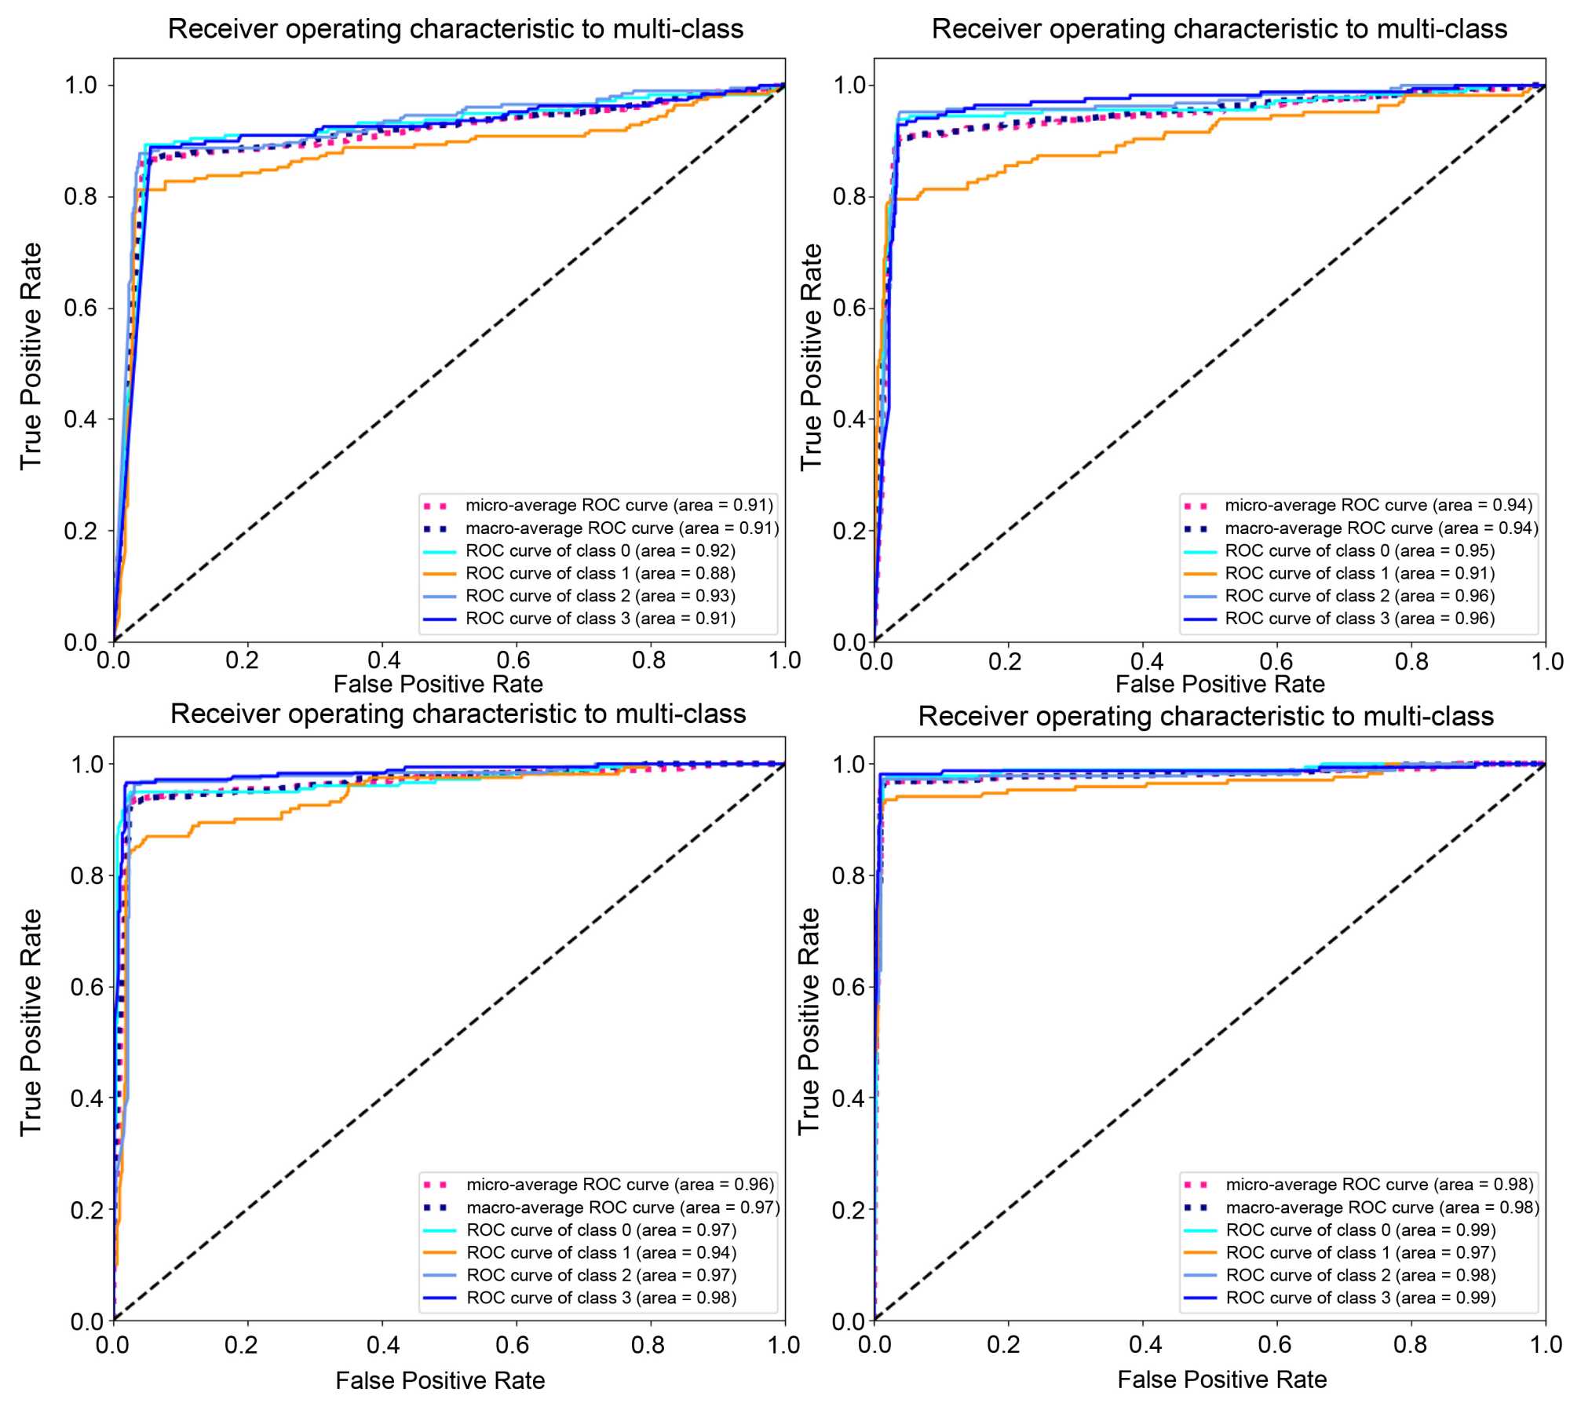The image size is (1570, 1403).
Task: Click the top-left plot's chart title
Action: click(x=455, y=29)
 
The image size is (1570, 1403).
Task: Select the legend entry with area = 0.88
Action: click(x=600, y=573)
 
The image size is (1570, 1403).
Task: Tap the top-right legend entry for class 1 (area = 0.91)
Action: click(x=1359, y=573)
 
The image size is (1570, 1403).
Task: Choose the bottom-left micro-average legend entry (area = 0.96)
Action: click(x=619, y=1184)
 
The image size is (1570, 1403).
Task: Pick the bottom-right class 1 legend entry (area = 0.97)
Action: click(x=1360, y=1252)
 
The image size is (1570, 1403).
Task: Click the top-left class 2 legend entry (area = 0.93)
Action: click(x=600, y=596)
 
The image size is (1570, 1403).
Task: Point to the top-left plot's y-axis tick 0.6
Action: click(x=81, y=308)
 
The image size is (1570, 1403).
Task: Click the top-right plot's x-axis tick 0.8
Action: click(x=1411, y=661)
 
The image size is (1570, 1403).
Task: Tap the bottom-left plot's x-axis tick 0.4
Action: click(x=383, y=1345)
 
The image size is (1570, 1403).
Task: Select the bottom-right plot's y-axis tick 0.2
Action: click(x=849, y=1210)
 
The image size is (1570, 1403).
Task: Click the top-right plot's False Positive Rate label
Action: click(x=1220, y=684)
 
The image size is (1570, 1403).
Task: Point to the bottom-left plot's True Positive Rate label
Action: click(x=31, y=1021)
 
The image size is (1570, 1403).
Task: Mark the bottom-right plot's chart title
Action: click(x=1206, y=716)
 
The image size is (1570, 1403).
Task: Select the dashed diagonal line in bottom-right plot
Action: click(x=1209, y=1042)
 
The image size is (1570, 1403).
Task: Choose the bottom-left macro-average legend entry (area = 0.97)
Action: click(x=623, y=1207)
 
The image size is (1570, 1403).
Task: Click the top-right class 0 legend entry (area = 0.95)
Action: click(x=1359, y=550)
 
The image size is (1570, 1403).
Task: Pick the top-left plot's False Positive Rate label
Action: click(x=438, y=684)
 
